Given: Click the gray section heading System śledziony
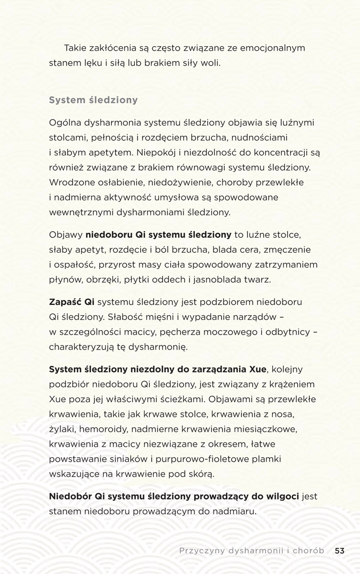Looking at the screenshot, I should pos(93,100).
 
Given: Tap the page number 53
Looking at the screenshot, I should pos(339,550).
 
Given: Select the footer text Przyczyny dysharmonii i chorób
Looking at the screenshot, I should pos(252,550).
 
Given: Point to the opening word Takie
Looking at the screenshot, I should pos(75,48).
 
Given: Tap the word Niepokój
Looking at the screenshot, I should pos(159,153).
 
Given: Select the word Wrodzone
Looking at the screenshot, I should pos(71,182).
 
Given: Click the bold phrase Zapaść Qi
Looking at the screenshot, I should pos(71,302).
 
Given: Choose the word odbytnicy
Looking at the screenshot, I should pos(287,332).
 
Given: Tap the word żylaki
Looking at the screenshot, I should pos(62,429).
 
